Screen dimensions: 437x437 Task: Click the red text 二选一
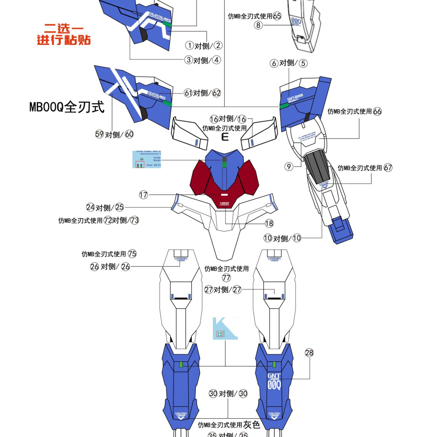click(64, 29)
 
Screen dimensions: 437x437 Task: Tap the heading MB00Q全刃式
click(67, 107)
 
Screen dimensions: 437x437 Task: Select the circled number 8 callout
click(258, 25)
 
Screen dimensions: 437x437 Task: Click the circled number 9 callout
click(288, 166)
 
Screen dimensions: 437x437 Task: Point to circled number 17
click(143, 194)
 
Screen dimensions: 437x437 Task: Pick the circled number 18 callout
click(269, 223)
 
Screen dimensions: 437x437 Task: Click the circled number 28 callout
click(309, 353)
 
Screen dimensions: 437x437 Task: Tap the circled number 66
click(377, 111)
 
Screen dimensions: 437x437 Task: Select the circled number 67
click(388, 168)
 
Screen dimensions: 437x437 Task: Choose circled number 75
click(132, 254)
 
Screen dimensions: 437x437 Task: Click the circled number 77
click(226, 278)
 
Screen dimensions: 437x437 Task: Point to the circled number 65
click(277, 16)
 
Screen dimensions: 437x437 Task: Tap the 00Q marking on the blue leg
click(274, 385)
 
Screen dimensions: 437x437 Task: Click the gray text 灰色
click(252, 424)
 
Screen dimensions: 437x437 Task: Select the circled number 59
click(99, 134)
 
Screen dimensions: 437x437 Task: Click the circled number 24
click(90, 207)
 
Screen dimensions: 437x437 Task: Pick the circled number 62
click(217, 93)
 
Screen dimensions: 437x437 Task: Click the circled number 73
click(135, 220)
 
